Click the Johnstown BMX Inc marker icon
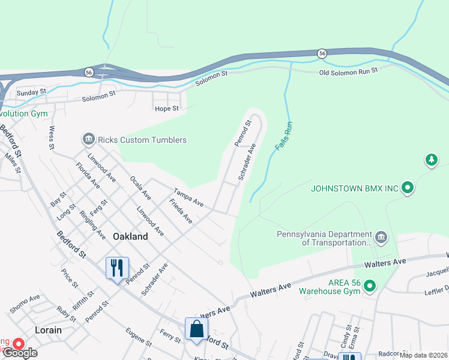tap(408, 188)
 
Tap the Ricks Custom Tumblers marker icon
tap(88, 140)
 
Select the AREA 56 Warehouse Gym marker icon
tap(370, 287)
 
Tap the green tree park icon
tap(430, 160)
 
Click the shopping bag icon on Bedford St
tap(196, 329)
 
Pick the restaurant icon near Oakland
tap(117, 267)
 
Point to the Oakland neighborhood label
tap(130, 236)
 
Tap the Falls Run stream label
tap(283, 137)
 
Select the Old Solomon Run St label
tap(348, 71)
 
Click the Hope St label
tap(167, 109)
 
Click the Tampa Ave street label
tap(189, 198)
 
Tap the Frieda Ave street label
tap(181, 212)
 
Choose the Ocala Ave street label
tap(140, 187)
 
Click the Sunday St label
tap(31, 92)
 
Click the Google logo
tap(20, 353)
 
